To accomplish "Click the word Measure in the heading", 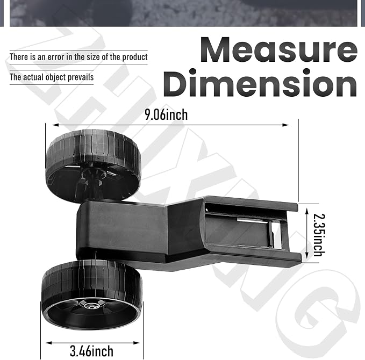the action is pos(278,50).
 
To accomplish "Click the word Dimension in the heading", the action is pos(260,83).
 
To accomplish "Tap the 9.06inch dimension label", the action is pos(166,114).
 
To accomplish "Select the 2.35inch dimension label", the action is pos(319,235).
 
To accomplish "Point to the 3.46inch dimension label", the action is pos(91,351).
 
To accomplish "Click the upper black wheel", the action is pos(94,165).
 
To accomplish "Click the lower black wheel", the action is pos(92,295).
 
